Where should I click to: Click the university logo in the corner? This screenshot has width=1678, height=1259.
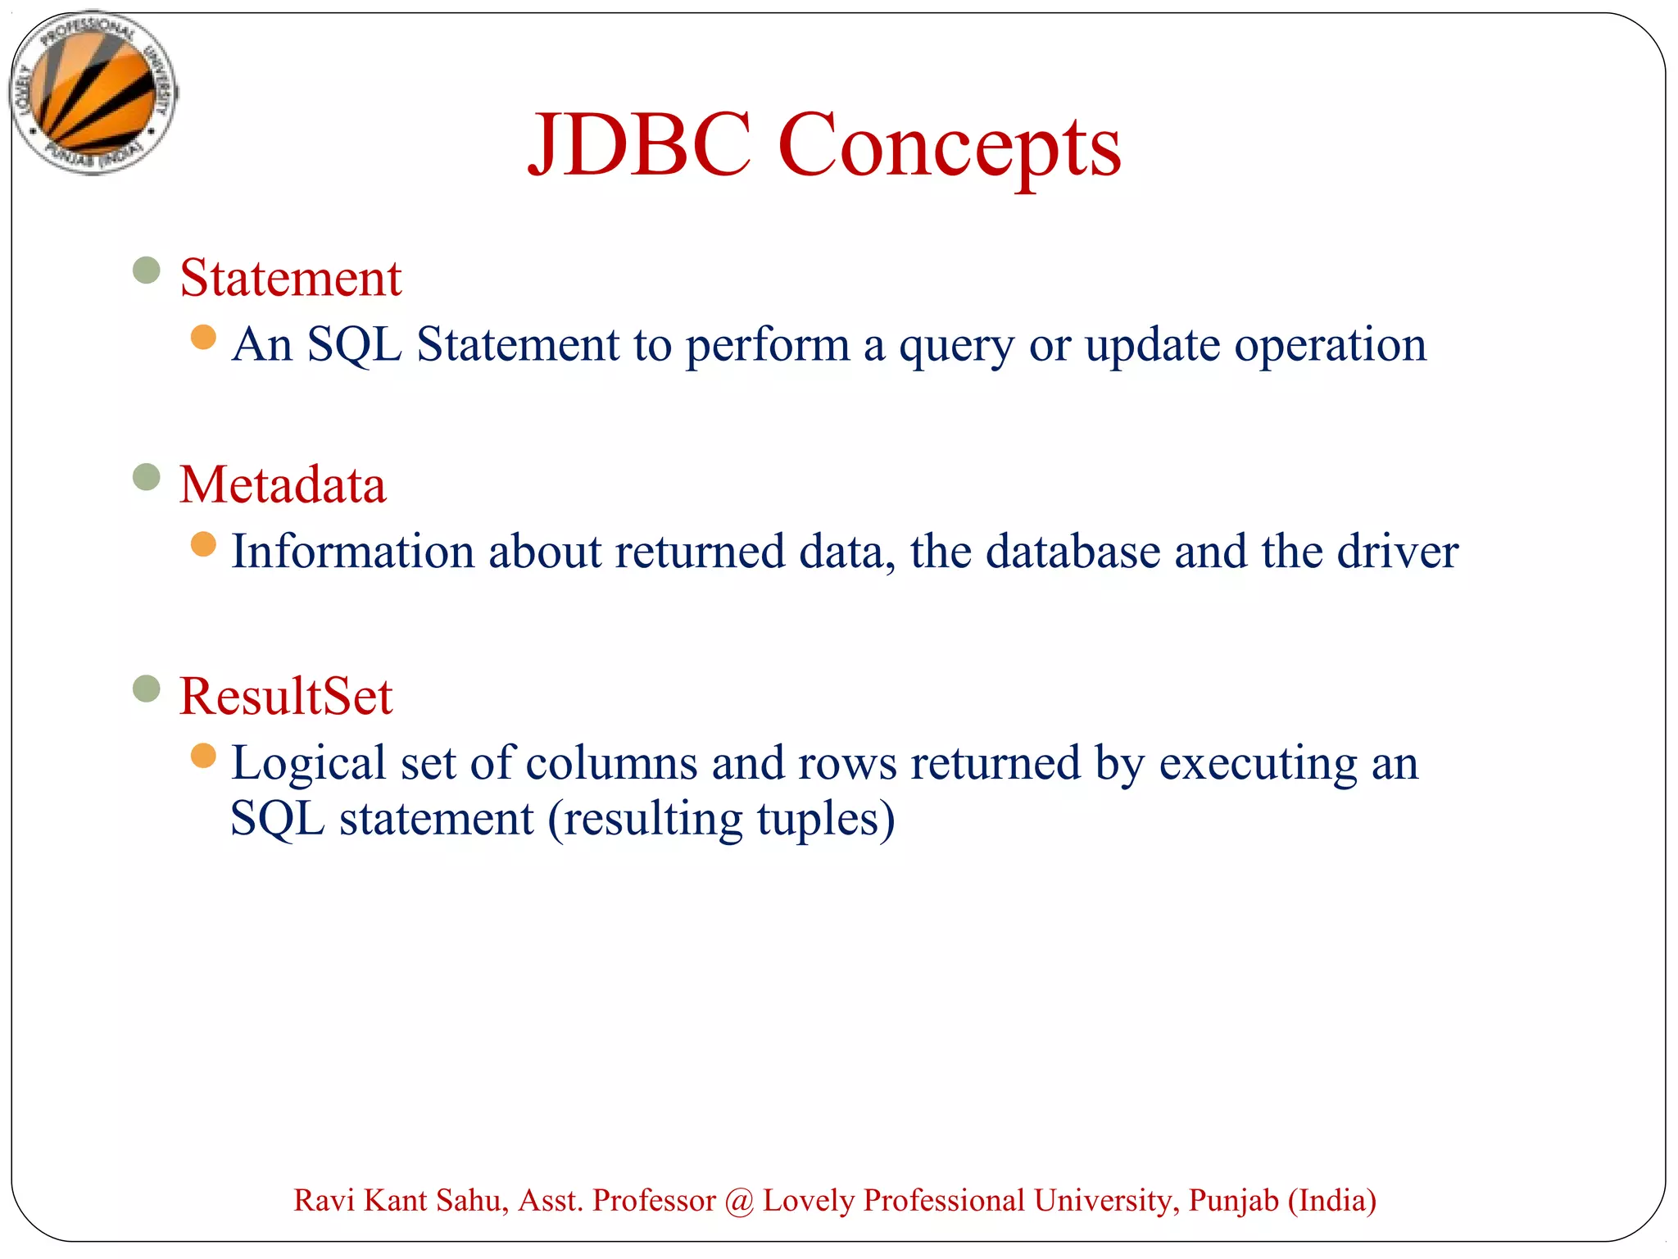pyautogui.click(x=94, y=93)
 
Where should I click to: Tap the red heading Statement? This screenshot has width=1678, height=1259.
pyautogui.click(x=290, y=278)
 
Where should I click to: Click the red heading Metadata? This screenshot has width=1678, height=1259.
pyautogui.click(x=283, y=484)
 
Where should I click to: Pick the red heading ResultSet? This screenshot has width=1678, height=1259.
pyautogui.click(x=286, y=696)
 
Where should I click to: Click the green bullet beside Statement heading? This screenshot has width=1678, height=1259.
pyautogui.click(x=146, y=270)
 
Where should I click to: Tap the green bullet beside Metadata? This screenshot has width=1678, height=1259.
pyautogui.click(x=146, y=476)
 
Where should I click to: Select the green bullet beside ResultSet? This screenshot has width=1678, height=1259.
pyautogui.click(x=146, y=689)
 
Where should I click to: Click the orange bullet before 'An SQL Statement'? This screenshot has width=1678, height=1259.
pyautogui.click(x=203, y=337)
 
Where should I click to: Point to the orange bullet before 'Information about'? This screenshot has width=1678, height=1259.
pyautogui.click(x=203, y=543)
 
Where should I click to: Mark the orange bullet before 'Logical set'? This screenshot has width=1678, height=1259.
pyautogui.click(x=203, y=756)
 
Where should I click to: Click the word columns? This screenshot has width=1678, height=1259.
pyautogui.click(x=611, y=763)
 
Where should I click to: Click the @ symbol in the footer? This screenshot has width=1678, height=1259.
pyautogui.click(x=739, y=1201)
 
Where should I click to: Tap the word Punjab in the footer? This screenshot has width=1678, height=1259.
pyautogui.click(x=1233, y=1201)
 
